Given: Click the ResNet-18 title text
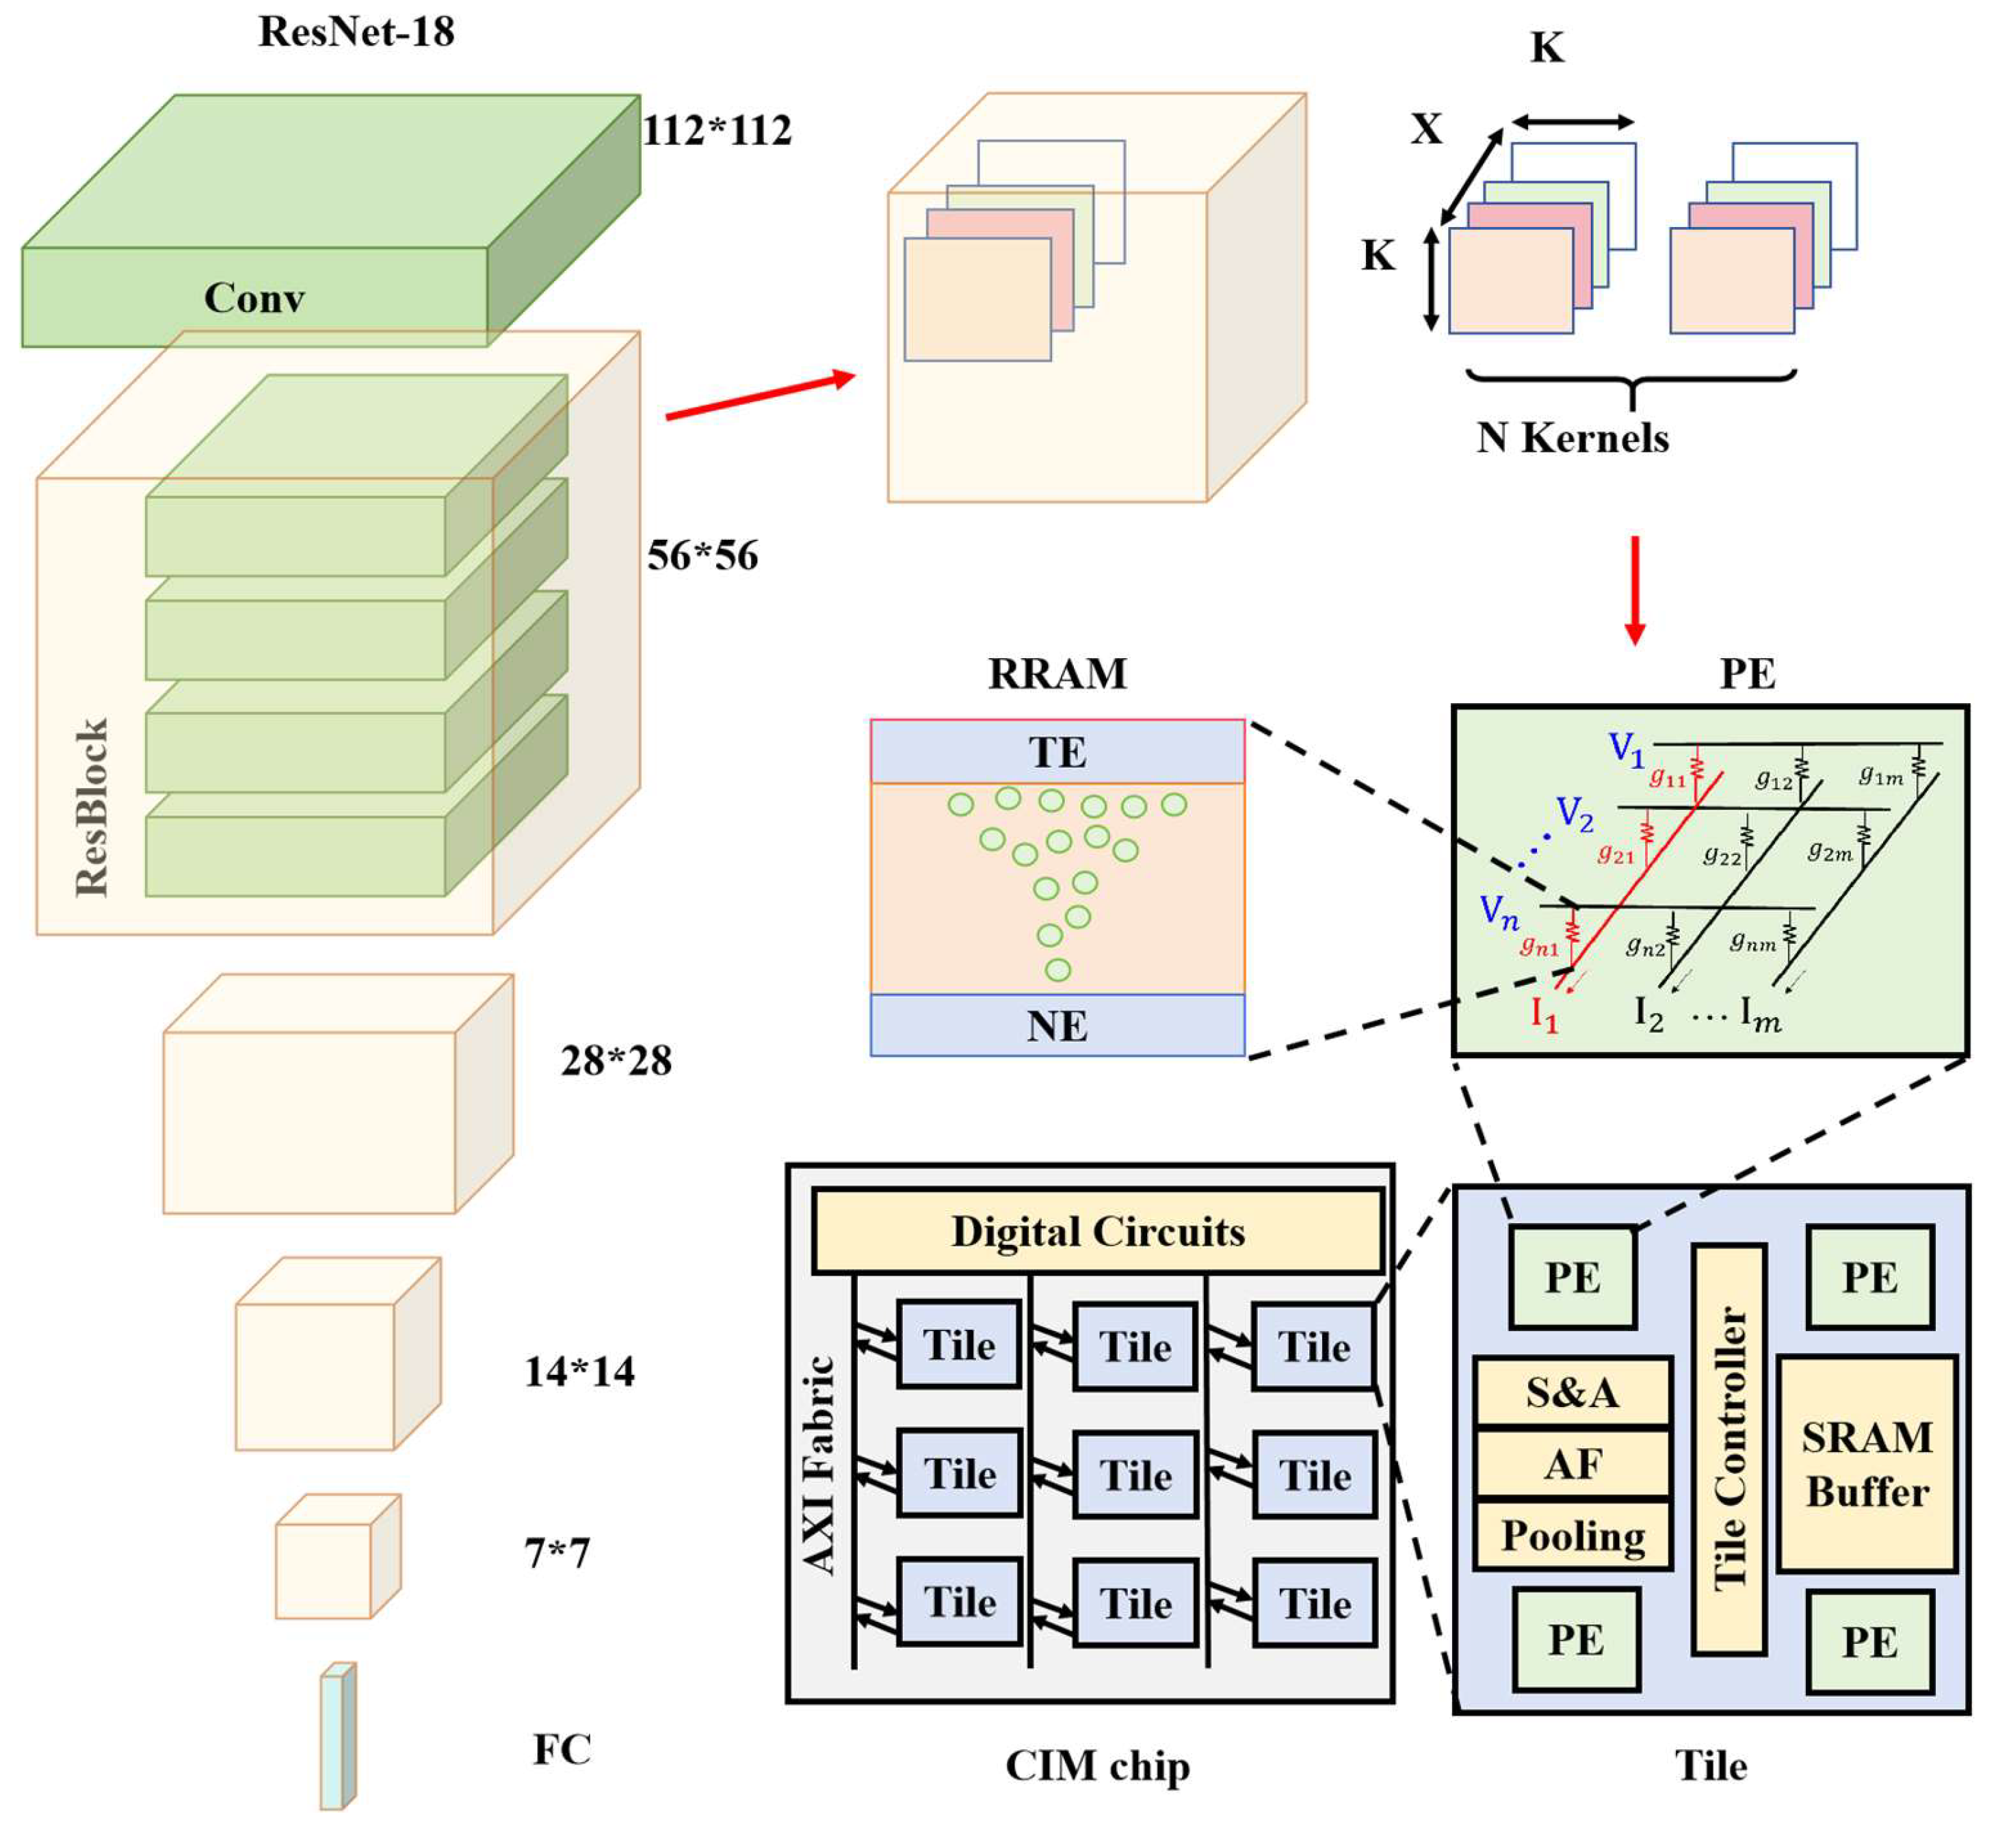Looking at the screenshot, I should (356, 31).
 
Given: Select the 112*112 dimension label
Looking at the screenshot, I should (716, 130).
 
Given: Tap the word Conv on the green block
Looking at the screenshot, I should (254, 298).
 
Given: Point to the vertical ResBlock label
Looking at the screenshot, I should (92, 806).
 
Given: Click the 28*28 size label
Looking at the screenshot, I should (616, 1061).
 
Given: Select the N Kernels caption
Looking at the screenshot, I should (1572, 438).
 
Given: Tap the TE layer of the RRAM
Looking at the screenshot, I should (1056, 752).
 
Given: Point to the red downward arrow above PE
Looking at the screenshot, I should (1634, 589).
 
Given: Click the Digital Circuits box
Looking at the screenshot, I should (1097, 1231).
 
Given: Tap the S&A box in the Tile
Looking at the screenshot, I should (1572, 1392).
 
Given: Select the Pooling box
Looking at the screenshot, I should (1572, 1535).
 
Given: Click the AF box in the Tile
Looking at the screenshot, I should (1572, 1463).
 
